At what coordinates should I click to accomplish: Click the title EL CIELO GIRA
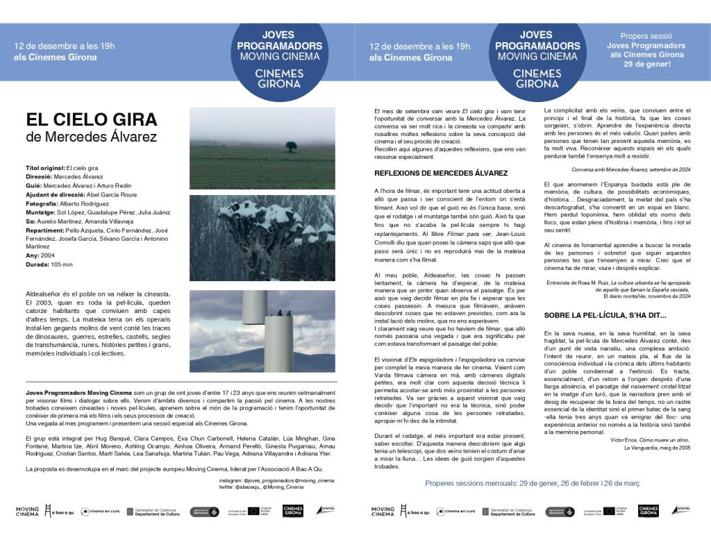click(x=92, y=119)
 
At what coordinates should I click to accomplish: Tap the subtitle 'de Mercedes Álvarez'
click(x=91, y=137)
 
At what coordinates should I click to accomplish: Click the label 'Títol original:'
click(x=44, y=168)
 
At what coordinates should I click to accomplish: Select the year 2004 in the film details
click(x=49, y=255)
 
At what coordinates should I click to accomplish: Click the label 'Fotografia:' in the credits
click(x=44, y=203)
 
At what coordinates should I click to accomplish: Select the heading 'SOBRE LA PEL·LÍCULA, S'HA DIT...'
click(x=605, y=314)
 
